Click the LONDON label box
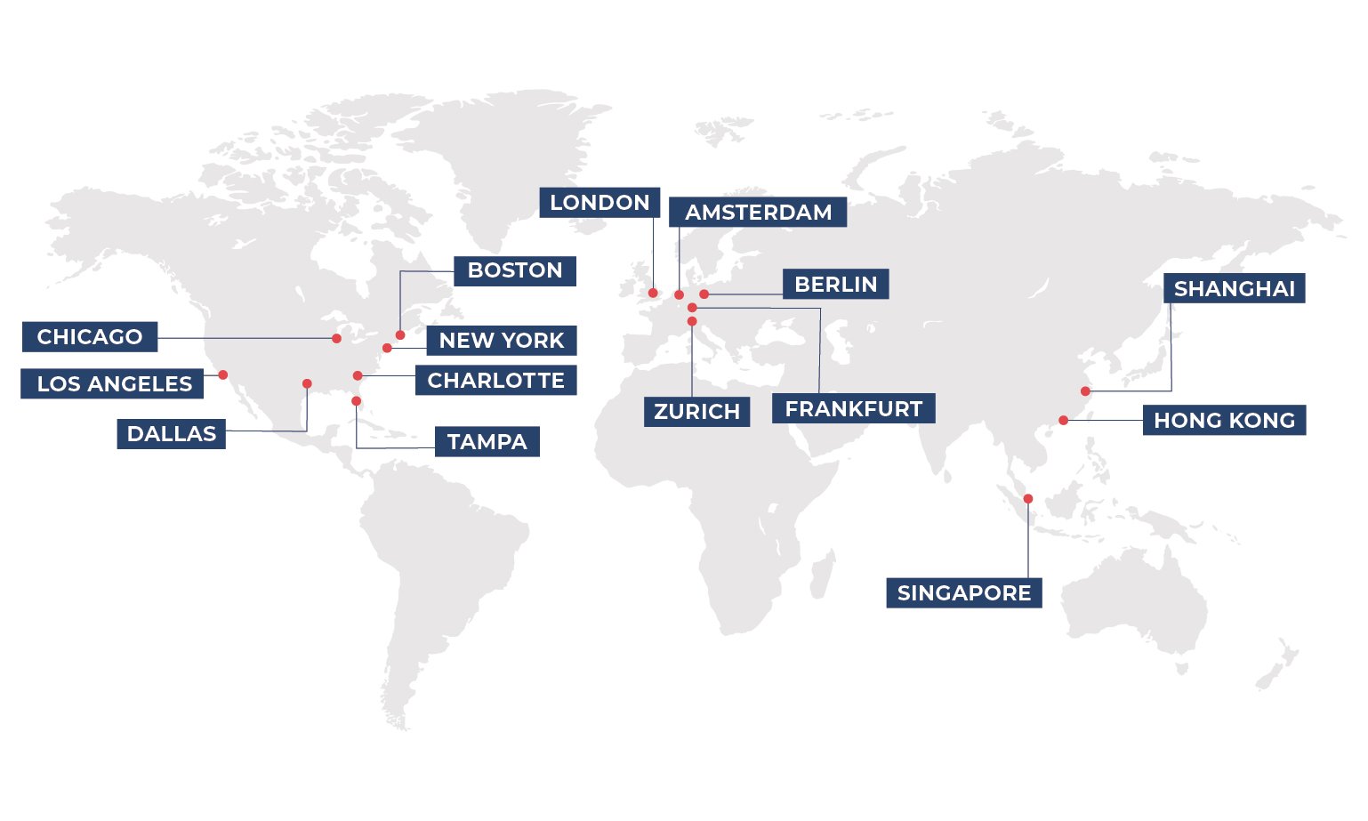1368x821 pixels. pos(600,203)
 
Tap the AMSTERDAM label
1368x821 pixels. pos(758,213)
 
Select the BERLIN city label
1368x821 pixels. pos(835,285)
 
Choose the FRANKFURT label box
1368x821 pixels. pos(853,409)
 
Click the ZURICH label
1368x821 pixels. pos(696,412)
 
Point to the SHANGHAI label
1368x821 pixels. pos(1234,289)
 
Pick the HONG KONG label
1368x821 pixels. pos(1224,421)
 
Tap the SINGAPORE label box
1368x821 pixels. pos(963,593)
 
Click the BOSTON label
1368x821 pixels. pos(515,270)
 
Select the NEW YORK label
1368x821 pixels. pos(501,341)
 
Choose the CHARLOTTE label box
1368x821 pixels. pos(495,381)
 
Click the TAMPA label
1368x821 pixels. pos(487,442)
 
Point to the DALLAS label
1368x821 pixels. pos(171,434)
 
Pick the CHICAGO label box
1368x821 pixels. pos(89,337)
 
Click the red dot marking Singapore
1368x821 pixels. pos(1028,499)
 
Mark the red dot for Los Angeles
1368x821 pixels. pos(223,374)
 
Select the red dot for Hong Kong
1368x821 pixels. pos(1064,421)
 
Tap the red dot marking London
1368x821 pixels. pos(653,293)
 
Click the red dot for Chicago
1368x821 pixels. pos(336,339)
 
